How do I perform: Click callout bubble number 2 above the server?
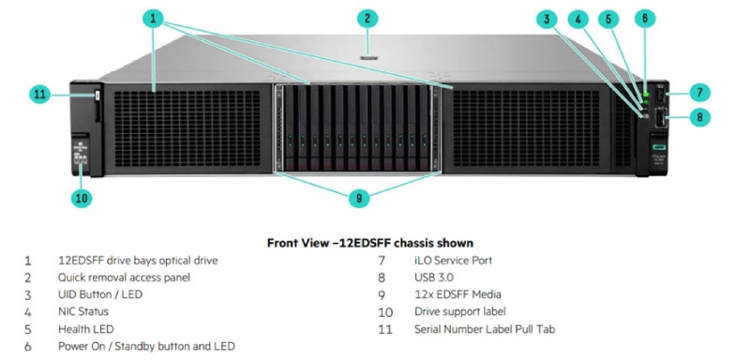coord(368,18)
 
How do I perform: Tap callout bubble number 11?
coord(39,94)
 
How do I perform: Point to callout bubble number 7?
coord(699,92)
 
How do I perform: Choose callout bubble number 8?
coord(699,118)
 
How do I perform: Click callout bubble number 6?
coord(644,18)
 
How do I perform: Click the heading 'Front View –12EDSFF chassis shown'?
coord(369,243)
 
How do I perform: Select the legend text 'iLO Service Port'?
coord(453,261)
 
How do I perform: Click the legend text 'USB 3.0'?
coord(434,277)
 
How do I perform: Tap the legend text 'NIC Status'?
coord(83,311)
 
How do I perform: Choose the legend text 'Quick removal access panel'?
coord(124,277)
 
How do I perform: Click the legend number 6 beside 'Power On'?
coord(28,346)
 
